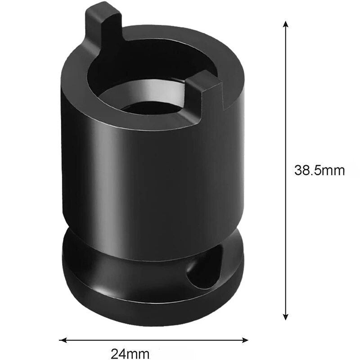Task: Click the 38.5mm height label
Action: click(319, 171)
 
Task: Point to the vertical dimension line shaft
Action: click(285, 112)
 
